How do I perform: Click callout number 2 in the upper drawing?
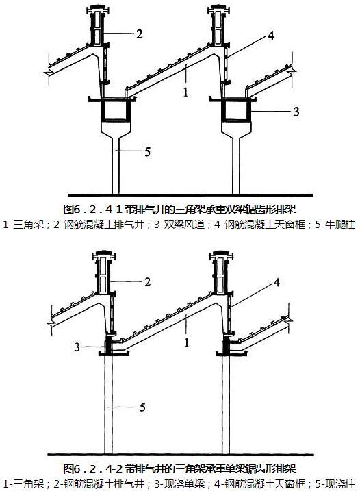(x=140, y=34)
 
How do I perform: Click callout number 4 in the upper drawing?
(x=271, y=36)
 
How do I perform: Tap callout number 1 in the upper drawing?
(x=185, y=92)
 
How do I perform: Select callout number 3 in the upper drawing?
(x=296, y=112)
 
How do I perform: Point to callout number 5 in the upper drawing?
(x=147, y=152)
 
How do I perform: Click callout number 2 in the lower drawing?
(x=147, y=282)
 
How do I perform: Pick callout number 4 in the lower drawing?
(x=277, y=283)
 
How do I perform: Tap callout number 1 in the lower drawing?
(x=187, y=342)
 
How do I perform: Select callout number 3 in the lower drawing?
(x=77, y=347)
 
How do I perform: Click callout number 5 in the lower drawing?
(x=142, y=407)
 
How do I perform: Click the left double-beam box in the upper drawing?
(x=115, y=110)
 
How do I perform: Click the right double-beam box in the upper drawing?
(x=236, y=110)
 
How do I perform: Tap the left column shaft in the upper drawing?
(x=116, y=166)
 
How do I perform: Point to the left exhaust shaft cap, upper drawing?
(x=98, y=10)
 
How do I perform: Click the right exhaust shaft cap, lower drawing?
(x=221, y=255)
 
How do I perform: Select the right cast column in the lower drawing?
(x=226, y=404)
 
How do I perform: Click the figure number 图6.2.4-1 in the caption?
(x=92, y=209)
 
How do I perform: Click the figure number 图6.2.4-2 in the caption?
(x=92, y=469)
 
